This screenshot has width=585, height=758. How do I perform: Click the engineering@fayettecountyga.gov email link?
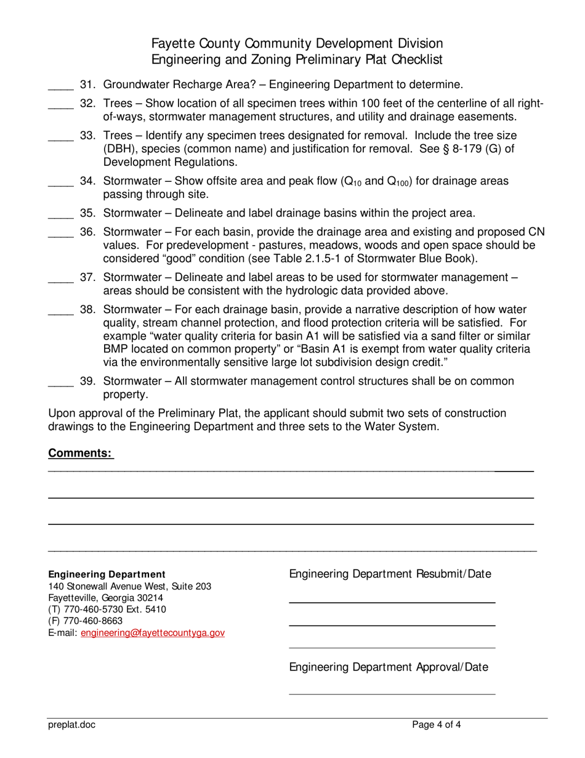click(153, 633)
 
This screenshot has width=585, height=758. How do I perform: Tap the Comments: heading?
click(80, 454)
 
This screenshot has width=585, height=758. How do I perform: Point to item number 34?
click(87, 181)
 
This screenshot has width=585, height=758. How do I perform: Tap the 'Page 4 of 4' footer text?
click(437, 725)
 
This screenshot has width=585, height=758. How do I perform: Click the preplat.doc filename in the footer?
click(72, 725)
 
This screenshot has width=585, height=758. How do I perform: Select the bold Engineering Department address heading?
click(107, 574)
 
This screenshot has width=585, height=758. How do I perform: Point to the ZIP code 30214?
click(150, 598)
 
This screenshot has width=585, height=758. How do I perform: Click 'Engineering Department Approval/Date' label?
click(389, 667)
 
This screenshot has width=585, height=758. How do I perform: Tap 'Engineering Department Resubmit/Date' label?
click(390, 574)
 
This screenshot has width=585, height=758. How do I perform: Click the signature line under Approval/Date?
click(392, 694)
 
